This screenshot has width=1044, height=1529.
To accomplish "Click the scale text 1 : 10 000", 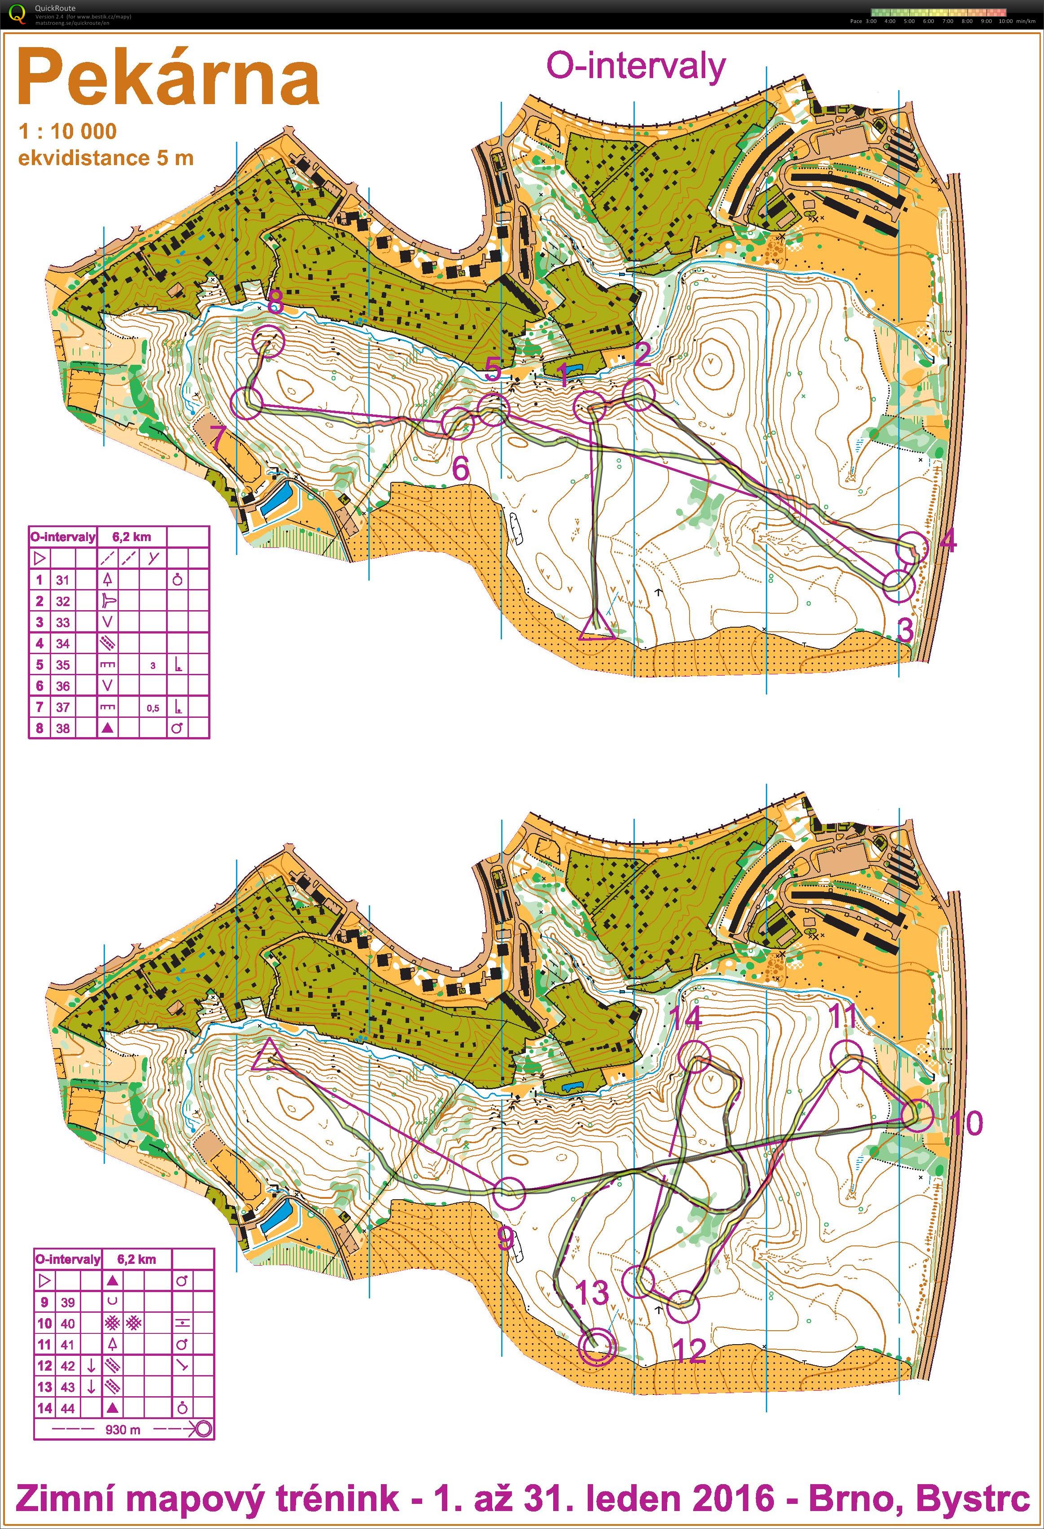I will [68, 131].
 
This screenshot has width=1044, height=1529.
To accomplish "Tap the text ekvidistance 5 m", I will [105, 158].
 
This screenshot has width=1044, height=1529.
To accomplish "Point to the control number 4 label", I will [948, 542].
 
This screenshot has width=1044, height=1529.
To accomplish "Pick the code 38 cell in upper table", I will [62, 728].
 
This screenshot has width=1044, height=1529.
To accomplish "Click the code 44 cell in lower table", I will [68, 1409].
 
